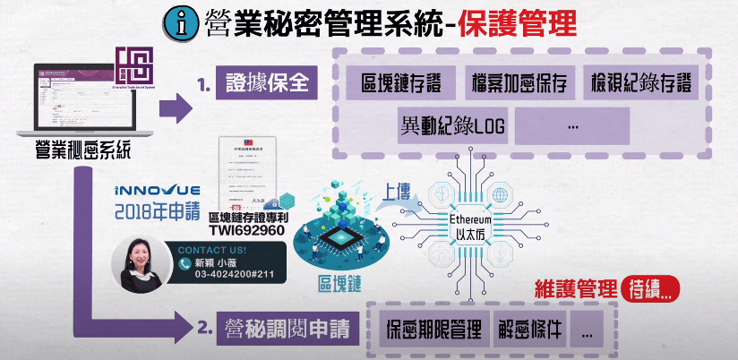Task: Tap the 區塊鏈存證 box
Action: [x=399, y=84]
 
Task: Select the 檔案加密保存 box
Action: [x=519, y=84]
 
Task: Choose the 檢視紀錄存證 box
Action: [x=641, y=84]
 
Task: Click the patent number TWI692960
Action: [x=247, y=230]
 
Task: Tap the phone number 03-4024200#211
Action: [x=229, y=277]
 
